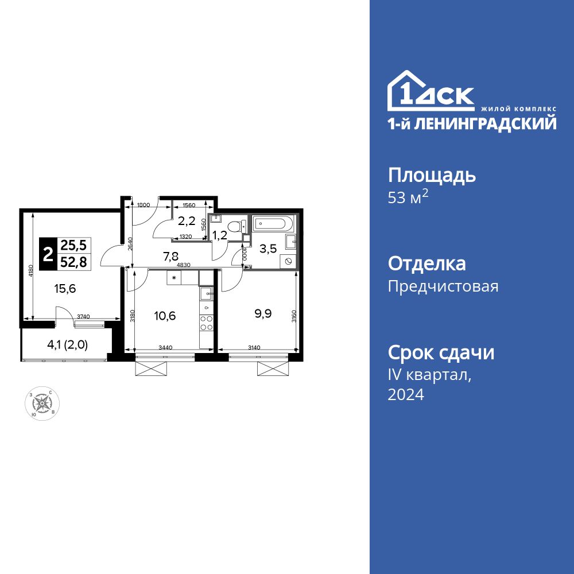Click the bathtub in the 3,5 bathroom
click(x=273, y=223)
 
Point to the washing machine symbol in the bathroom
click(x=288, y=261)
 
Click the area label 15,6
click(x=65, y=289)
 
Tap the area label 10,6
click(x=165, y=315)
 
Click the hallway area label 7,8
click(x=170, y=258)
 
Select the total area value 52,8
click(x=73, y=263)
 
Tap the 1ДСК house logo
click(x=430, y=92)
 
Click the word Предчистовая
click(x=443, y=286)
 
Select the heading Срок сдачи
click(x=441, y=352)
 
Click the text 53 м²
click(x=409, y=199)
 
